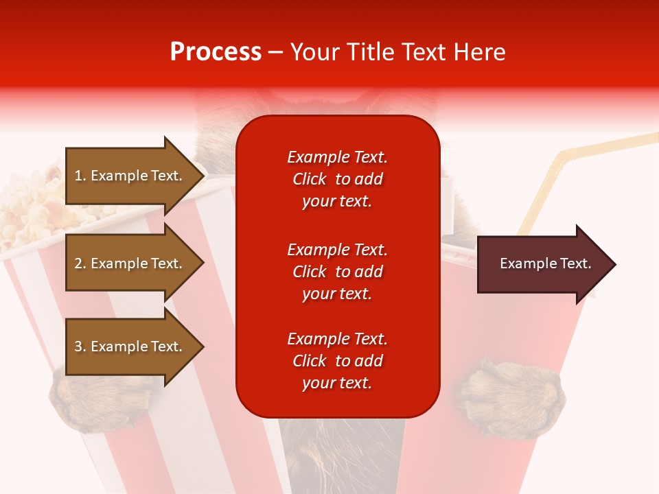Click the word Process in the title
[x=216, y=52]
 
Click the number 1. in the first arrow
[x=80, y=176]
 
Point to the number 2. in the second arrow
[x=80, y=263]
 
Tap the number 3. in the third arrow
[x=80, y=346]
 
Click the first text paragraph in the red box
[x=337, y=179]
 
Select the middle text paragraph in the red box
[x=337, y=272]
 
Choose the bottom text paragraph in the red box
[x=337, y=361]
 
